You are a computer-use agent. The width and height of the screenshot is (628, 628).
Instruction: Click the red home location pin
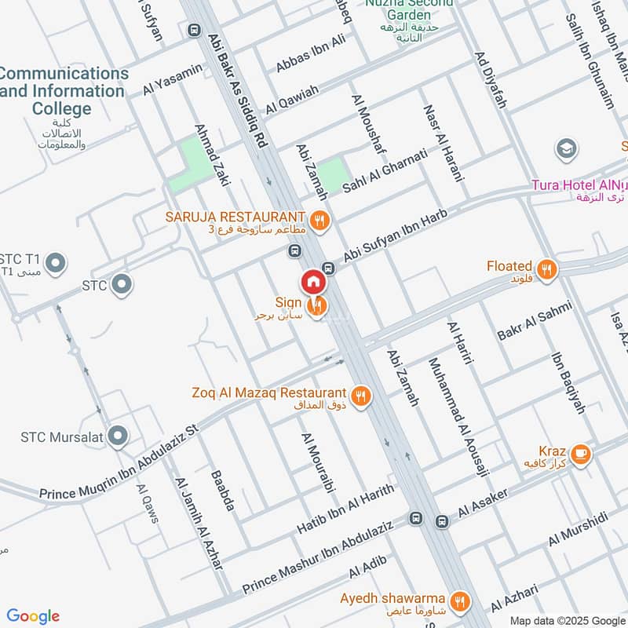click(312, 282)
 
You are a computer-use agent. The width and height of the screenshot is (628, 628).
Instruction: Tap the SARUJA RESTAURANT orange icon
click(319, 220)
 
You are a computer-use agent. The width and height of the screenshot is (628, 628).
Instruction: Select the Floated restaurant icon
click(548, 269)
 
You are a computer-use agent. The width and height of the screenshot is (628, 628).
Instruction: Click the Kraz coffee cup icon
click(580, 454)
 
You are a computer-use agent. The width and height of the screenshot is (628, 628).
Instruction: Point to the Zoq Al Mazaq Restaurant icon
click(361, 396)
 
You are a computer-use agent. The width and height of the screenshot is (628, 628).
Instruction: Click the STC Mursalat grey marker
click(119, 435)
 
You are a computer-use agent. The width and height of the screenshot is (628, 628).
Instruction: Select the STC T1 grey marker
click(54, 263)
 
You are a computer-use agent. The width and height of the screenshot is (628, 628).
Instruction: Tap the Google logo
click(33, 616)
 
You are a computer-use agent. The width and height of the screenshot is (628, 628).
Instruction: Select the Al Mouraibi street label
click(313, 464)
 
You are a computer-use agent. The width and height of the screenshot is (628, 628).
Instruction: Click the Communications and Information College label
click(63, 90)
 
